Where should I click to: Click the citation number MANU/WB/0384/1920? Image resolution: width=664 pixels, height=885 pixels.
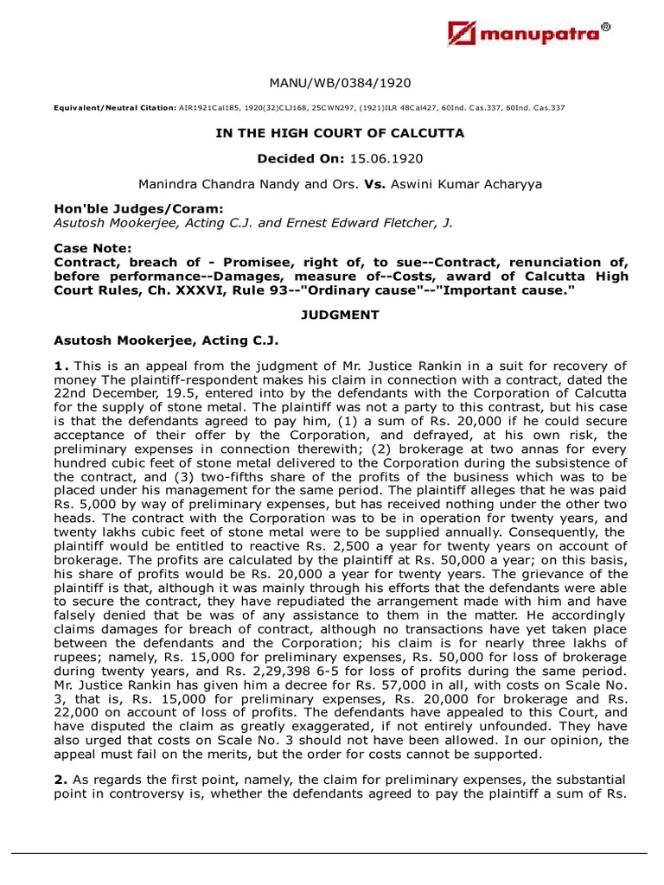click(x=340, y=83)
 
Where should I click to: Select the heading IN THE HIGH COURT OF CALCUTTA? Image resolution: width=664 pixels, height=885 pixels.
click(x=340, y=133)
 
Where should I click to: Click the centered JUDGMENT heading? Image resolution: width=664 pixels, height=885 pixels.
click(x=340, y=315)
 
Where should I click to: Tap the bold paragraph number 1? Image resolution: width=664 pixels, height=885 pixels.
click(x=59, y=366)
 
